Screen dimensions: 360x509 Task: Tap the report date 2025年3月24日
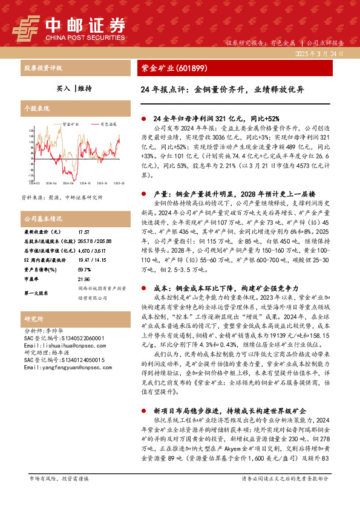318,54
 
